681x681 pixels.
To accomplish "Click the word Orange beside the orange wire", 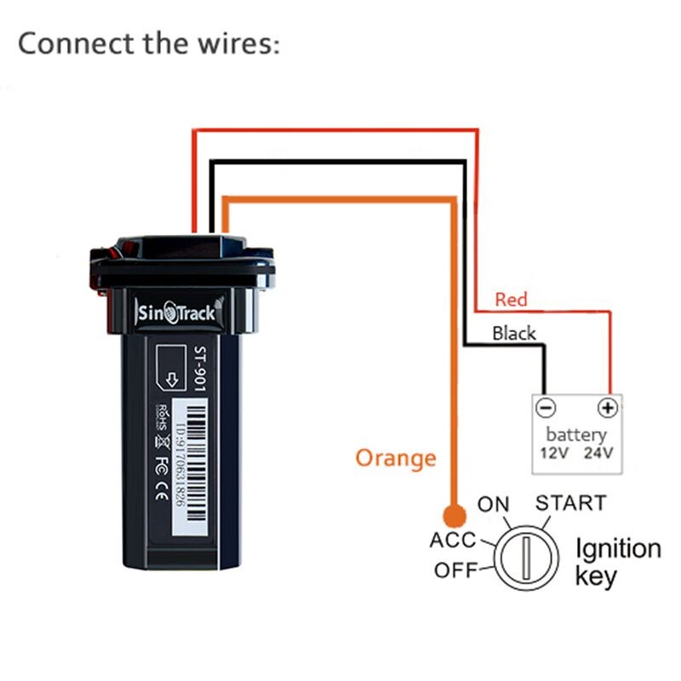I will (x=395, y=458).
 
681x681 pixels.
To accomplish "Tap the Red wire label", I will (x=511, y=300).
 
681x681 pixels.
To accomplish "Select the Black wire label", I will (x=514, y=333).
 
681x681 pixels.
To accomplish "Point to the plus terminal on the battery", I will (x=607, y=408).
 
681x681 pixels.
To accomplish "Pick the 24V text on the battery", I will (x=598, y=454).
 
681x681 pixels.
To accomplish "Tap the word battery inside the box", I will (x=576, y=435).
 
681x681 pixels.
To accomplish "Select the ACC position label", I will (x=452, y=541).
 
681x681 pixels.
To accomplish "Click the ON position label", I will (x=493, y=504).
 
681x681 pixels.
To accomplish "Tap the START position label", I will (x=570, y=502).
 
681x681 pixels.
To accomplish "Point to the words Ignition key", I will (x=617, y=562).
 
